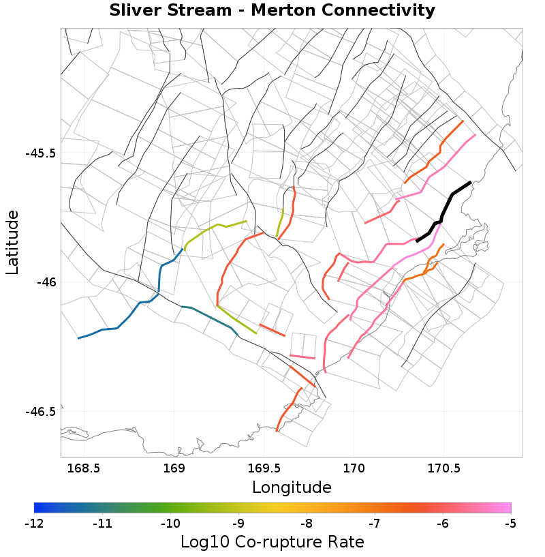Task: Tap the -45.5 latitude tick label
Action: [40, 153]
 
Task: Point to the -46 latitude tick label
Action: [45, 282]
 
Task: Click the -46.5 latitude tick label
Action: [40, 411]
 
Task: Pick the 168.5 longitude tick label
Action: [84, 468]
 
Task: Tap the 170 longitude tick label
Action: [354, 468]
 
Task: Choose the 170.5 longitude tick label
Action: [444, 468]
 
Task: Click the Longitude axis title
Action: [292, 487]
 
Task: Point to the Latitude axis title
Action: [12, 242]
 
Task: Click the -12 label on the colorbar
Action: [34, 524]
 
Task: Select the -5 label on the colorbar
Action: [510, 524]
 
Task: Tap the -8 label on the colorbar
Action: [307, 524]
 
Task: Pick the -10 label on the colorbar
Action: [170, 524]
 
